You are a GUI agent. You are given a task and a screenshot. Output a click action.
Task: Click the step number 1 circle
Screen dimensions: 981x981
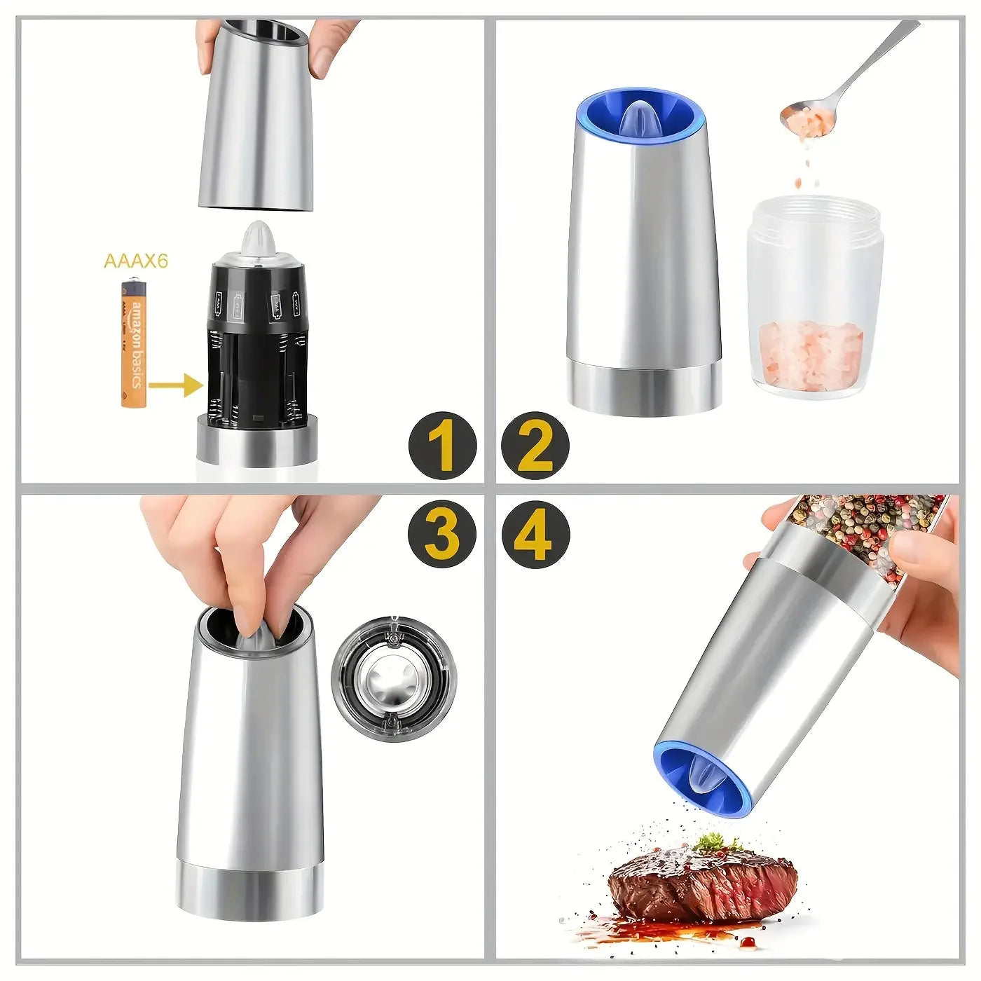[443, 445]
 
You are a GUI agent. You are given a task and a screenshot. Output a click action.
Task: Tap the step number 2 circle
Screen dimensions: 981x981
[535, 445]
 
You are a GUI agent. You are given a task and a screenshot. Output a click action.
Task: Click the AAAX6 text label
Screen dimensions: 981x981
[136, 261]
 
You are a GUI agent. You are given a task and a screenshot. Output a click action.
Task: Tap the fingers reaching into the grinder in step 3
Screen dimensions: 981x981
[238, 561]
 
